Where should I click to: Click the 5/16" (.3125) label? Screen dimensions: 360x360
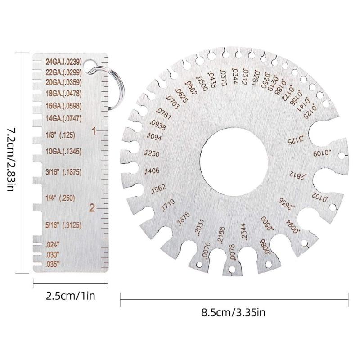click(63, 225)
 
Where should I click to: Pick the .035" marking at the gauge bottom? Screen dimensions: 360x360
click(53, 264)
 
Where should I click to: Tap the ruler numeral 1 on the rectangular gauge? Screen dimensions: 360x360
click(94, 131)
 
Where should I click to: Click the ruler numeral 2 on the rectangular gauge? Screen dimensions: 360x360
click(92, 208)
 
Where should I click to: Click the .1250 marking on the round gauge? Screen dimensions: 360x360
click(152, 154)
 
